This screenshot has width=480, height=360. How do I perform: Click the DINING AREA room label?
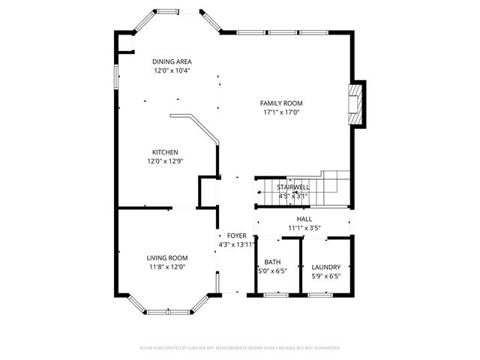171,61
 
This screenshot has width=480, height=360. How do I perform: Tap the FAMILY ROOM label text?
281,103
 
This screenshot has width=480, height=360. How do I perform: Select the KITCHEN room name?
165,151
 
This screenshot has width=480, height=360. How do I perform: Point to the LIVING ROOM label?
166,257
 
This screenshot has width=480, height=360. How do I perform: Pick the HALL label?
304,219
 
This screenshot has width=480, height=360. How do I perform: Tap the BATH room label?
271,262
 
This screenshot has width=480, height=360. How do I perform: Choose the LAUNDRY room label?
326,266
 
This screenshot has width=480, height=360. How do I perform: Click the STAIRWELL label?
292,187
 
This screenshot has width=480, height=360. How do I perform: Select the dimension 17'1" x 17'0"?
281,112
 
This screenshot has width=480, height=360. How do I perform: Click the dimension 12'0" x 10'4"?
171,70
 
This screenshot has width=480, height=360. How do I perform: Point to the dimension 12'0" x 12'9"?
165,160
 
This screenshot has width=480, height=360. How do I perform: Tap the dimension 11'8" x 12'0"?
166,266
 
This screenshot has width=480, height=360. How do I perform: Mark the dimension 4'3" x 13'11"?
237,244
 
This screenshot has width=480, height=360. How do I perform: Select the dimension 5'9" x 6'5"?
326,275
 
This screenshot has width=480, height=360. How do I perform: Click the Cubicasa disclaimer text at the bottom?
240,348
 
